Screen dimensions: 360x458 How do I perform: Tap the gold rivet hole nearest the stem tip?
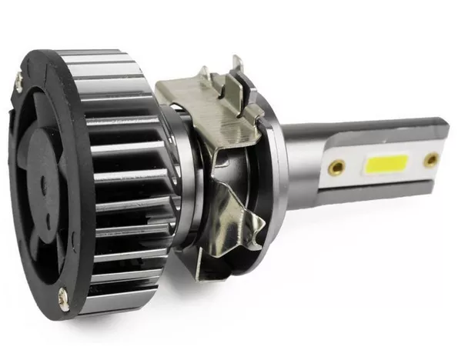431,160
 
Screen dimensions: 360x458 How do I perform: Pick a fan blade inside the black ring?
42,223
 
